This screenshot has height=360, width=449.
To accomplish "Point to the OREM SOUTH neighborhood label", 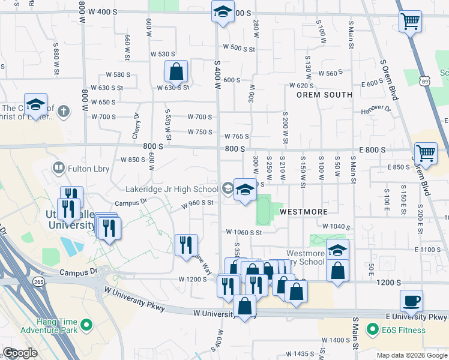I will (x=324, y=95).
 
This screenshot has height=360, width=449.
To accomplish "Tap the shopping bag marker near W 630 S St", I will (x=176, y=72).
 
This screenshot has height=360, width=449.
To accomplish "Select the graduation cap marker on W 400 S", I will (x=223, y=12).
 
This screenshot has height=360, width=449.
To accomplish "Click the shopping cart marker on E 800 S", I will (x=426, y=153).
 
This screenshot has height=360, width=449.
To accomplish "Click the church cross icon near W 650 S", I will (x=65, y=110).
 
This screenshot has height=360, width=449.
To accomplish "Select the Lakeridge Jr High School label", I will (x=172, y=189).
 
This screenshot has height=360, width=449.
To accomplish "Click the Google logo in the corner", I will (x=20, y=353).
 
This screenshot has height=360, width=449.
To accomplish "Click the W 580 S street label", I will (x=118, y=75).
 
